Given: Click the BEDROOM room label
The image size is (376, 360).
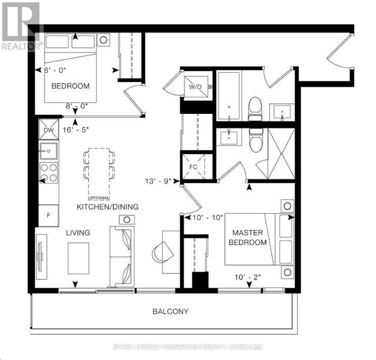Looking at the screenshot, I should [x=70, y=86].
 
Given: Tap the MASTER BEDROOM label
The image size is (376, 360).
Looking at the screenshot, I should [x=248, y=237].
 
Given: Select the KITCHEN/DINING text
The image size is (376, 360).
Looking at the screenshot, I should [x=108, y=207].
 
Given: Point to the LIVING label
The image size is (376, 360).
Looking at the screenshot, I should [x=78, y=233].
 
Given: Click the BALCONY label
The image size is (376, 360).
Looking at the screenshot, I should [x=170, y=311].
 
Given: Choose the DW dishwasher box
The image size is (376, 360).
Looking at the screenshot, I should [x=48, y=130].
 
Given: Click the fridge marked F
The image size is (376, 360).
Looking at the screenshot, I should [x=48, y=215].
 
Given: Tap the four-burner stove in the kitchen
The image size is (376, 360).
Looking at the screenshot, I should [x=48, y=172].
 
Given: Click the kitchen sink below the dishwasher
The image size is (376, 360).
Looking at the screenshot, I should [x=48, y=152].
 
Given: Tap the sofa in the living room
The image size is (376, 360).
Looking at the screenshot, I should [x=121, y=256].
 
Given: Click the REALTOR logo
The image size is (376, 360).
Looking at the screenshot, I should [x=21, y=25].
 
